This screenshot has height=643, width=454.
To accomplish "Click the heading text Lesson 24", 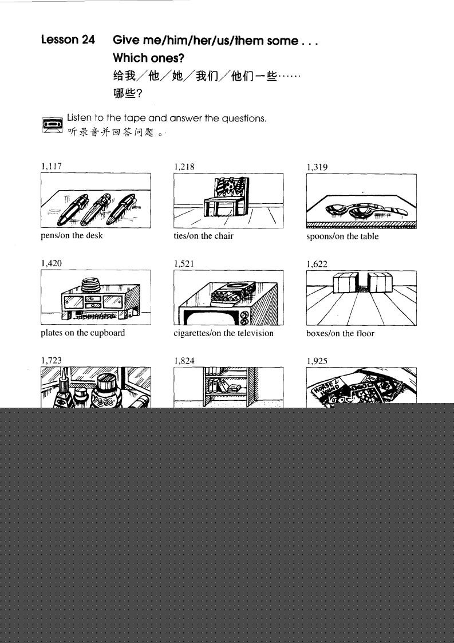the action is pos(68,40).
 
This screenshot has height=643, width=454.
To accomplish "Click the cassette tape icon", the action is pos(52,125).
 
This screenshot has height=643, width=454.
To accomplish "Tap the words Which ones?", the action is pos(148,58).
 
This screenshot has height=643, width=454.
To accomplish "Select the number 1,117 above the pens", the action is pos(52,166).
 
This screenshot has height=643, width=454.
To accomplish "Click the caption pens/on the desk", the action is pos(72,235).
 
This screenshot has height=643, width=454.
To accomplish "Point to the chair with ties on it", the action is pos(226,197).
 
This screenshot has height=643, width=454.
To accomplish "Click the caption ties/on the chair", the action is pos(203,236).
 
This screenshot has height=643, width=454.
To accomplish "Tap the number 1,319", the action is pos(317,167).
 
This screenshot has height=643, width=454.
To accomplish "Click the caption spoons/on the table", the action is pos(342,236).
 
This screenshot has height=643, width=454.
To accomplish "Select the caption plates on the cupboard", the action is pos(83,333).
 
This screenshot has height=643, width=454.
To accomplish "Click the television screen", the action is pos(207,318).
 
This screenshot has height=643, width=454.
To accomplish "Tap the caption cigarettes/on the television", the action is pos(223,333).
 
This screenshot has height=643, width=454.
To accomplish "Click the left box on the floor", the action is pos(345,283).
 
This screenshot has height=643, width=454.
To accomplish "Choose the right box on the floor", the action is pos(380,283).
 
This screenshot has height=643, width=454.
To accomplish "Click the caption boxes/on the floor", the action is pos(341,333).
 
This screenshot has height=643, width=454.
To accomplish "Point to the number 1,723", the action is pos(52,361).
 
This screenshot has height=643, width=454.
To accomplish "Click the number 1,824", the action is pos(184,361).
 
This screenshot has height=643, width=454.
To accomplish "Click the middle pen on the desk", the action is pos(95,210).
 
